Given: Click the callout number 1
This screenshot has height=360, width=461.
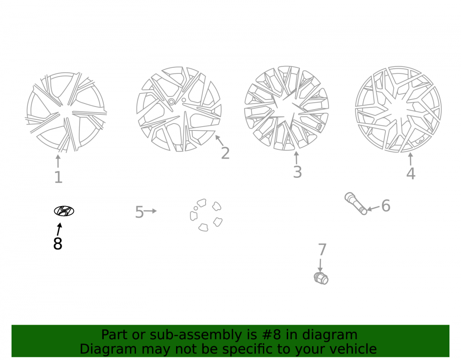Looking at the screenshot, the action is click(58, 177).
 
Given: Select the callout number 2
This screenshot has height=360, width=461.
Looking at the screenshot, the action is click(225, 153).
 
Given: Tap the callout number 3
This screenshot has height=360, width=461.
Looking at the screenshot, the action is click(297, 172).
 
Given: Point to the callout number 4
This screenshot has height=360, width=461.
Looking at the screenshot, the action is click(411, 173).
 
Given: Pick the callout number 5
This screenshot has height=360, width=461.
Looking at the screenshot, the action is click(139, 212).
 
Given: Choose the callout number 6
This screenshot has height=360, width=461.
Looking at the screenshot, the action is click(386, 206).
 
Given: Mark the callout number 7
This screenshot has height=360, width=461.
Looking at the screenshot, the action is click(322, 249).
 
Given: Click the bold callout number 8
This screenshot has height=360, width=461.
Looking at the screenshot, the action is click(58, 244).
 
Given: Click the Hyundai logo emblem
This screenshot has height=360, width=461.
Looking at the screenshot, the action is click(64, 211).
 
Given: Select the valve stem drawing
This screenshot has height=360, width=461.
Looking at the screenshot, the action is click(356, 203).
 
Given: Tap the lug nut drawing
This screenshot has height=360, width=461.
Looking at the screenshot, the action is click(321, 278).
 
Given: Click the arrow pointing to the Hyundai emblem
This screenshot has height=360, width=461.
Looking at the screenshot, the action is click(59, 229).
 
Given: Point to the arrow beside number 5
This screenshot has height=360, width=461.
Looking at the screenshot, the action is click(150, 211).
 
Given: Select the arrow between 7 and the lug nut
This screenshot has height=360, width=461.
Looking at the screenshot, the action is click(320, 265).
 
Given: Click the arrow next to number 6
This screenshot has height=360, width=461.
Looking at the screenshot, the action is click(373, 208).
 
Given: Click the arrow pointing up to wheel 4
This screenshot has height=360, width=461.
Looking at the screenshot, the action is click(410, 159).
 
